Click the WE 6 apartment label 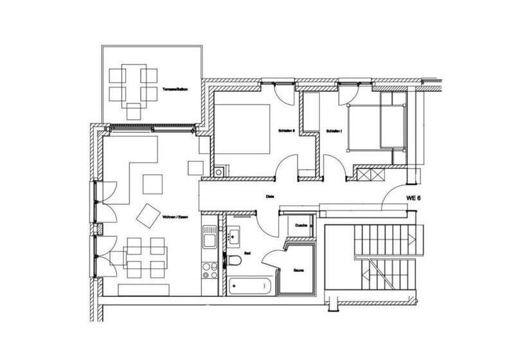pos(413,199)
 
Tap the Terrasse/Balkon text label pos(175,88)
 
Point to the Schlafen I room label pos(334,130)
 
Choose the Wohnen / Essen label pos(175,217)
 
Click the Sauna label pos(299,271)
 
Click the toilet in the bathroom pos(236,260)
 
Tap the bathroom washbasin pos(234,235)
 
